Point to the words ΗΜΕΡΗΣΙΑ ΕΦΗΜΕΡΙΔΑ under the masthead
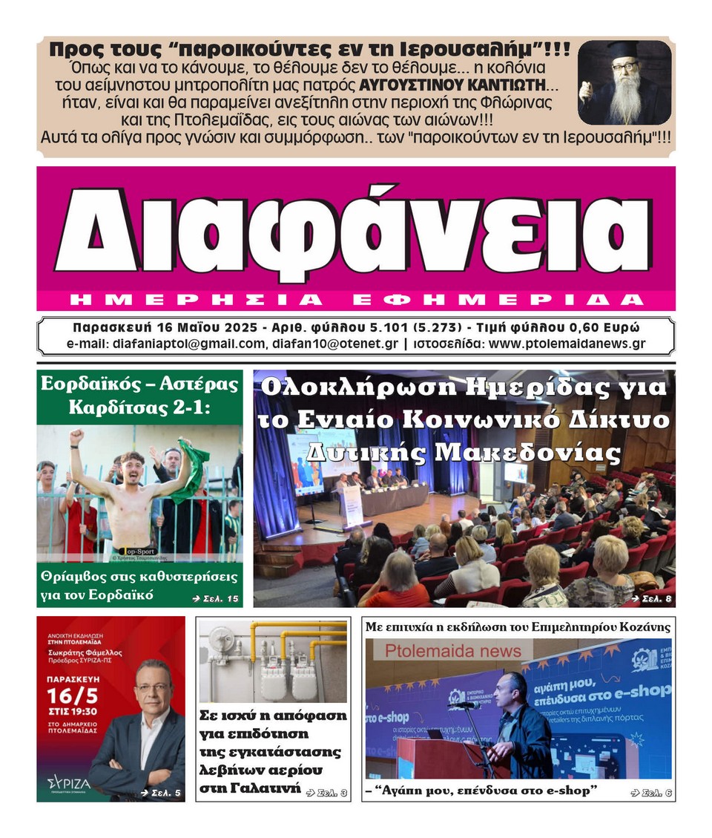pyautogui.click(x=355, y=300)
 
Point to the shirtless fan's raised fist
pyautogui.click(x=76, y=436)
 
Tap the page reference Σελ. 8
pyautogui.click(x=650, y=598)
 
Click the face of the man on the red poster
pyautogui.click(x=153, y=687)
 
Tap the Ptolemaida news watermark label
pyautogui.click(x=452, y=651)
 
